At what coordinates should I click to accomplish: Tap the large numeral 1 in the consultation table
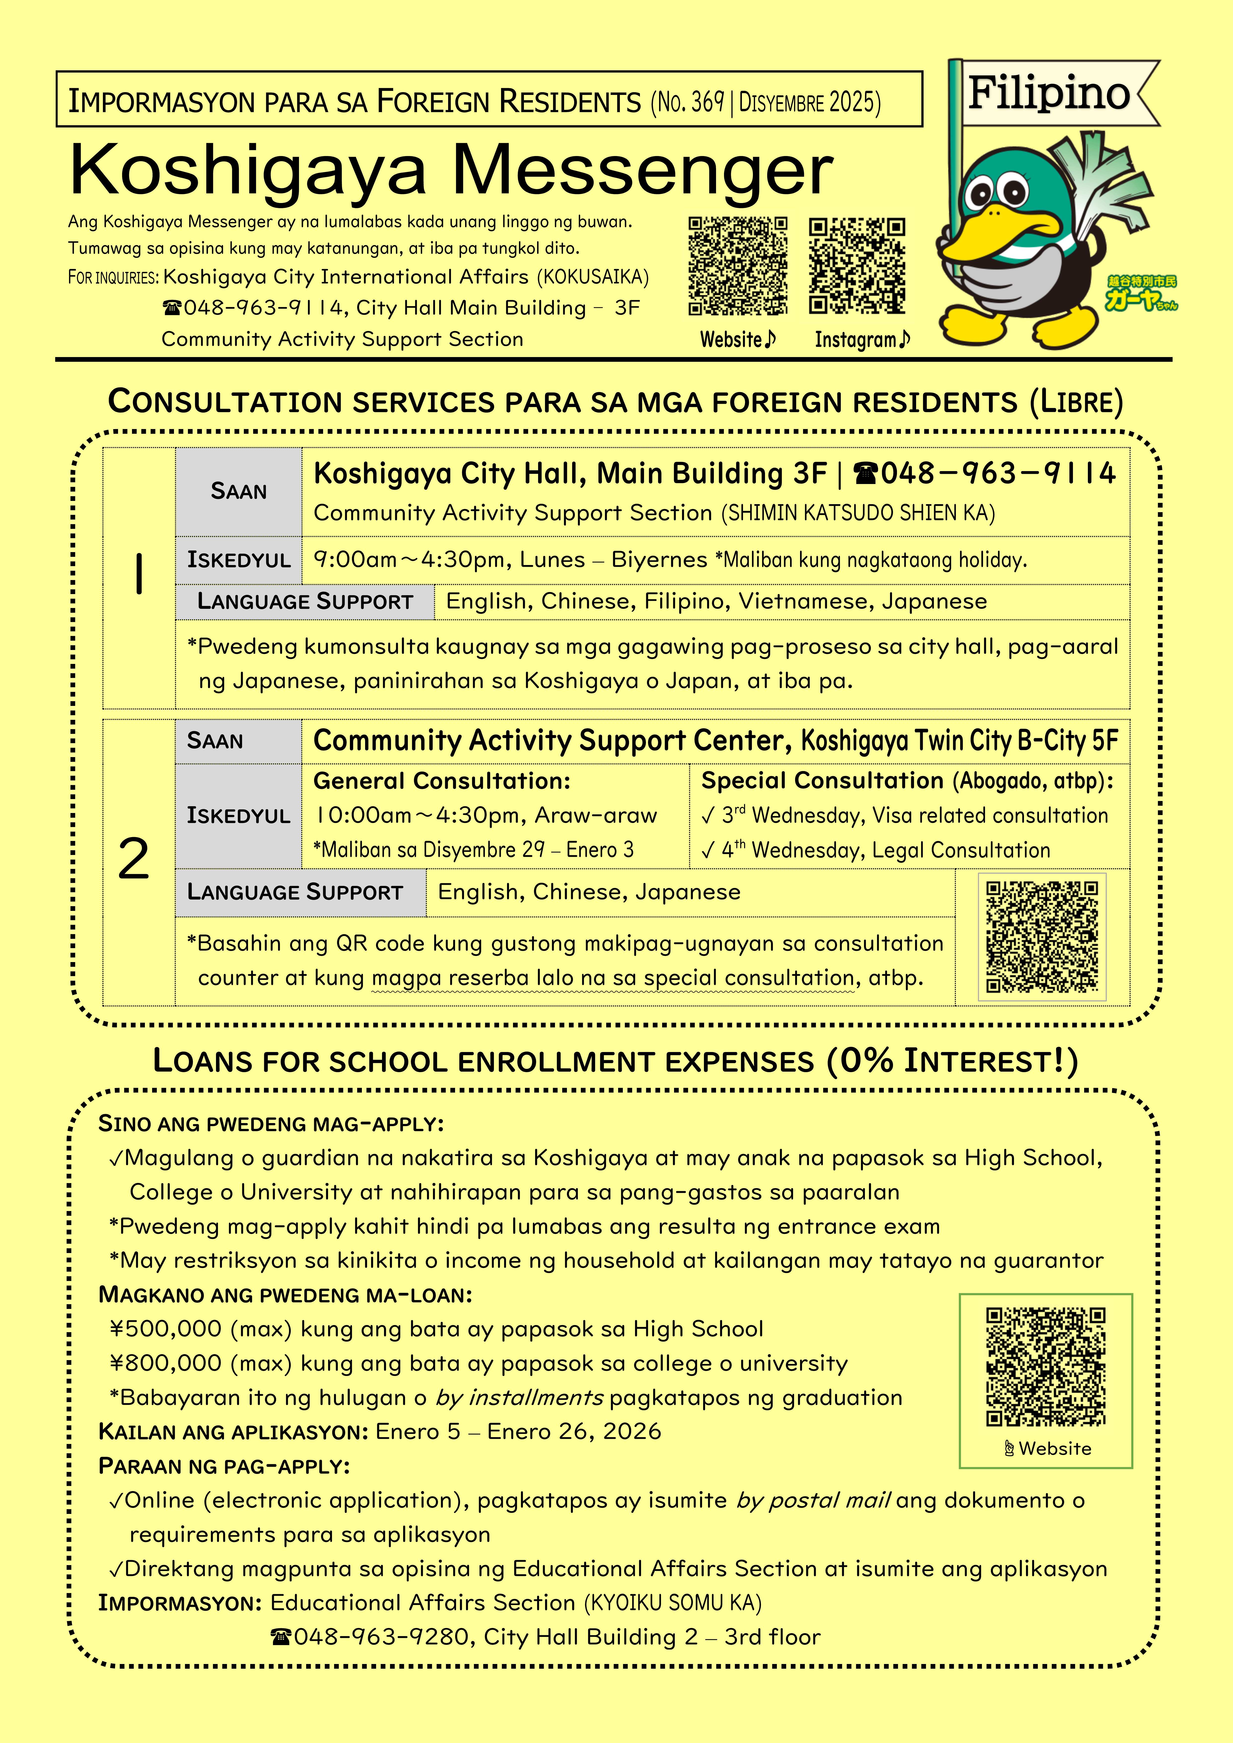point(138,575)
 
